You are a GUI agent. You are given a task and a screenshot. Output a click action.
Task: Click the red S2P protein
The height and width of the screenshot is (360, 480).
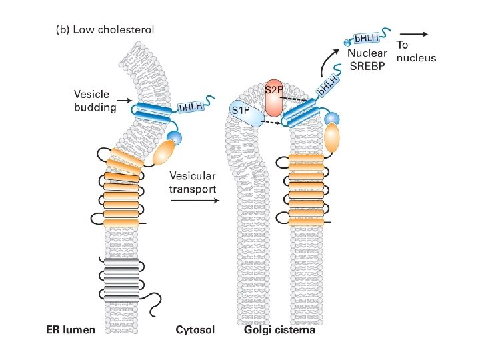coord(274,96)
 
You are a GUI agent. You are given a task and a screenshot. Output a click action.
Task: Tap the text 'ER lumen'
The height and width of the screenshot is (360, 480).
coord(71,329)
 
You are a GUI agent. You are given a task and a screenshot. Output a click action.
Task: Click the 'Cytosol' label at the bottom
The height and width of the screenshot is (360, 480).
coord(195,329)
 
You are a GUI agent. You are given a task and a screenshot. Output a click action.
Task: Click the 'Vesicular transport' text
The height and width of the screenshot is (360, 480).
coord(193,182)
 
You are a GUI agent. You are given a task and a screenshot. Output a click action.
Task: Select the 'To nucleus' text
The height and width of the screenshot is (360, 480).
coord(416,51)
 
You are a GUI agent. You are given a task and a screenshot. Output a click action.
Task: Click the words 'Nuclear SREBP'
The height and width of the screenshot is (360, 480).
coord(368,61)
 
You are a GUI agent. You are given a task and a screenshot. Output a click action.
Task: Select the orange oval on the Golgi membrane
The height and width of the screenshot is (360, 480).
coord(331,139)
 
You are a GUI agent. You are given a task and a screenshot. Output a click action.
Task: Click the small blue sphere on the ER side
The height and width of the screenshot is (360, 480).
coord(174,137)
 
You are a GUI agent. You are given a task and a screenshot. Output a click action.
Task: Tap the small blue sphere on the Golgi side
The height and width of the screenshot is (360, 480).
coord(333,118)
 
